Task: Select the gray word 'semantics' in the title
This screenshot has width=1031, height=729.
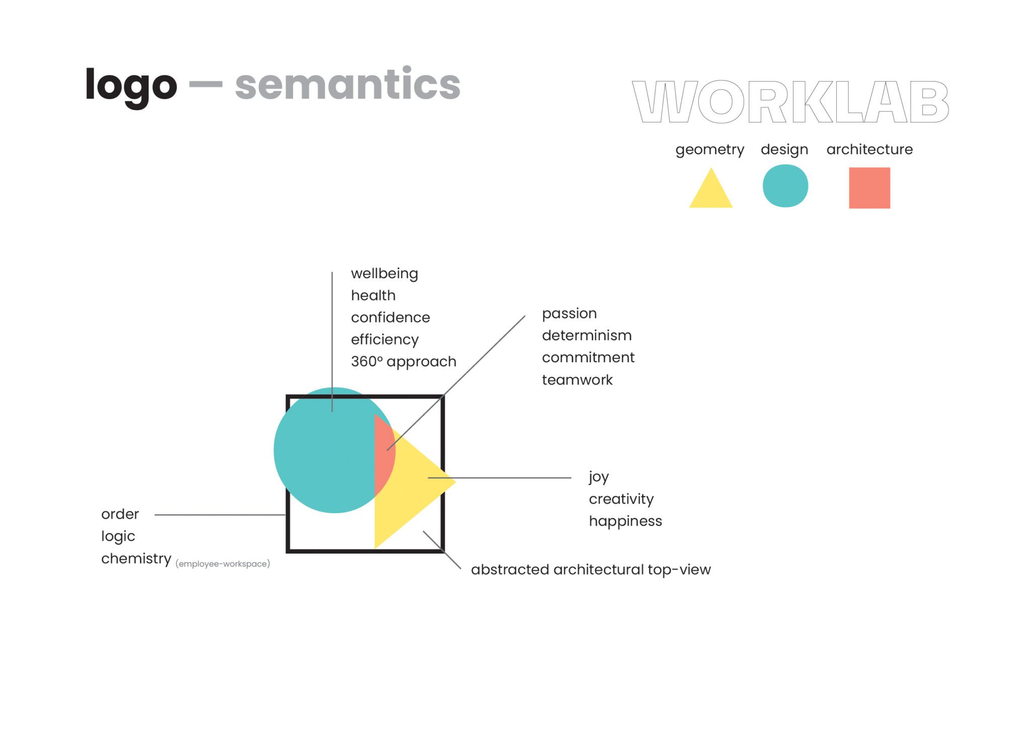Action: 347,85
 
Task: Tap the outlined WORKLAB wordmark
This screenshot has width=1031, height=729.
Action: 790,102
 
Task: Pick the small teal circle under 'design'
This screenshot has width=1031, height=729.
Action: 785,186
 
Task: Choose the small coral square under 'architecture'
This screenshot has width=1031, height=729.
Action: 869,188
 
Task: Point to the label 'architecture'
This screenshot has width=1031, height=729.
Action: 869,149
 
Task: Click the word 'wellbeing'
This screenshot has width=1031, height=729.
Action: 384,274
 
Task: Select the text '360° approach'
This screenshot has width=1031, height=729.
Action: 403,362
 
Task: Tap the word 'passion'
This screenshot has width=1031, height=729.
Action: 569,313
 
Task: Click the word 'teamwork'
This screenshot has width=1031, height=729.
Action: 577,380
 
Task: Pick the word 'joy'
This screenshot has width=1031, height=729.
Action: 599,476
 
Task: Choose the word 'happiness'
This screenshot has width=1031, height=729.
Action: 625,521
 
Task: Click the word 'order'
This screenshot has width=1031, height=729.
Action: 120,514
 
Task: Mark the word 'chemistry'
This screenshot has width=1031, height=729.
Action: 136,558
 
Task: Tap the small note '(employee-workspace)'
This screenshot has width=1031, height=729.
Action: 223,564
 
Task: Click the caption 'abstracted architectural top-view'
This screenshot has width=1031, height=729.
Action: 591,570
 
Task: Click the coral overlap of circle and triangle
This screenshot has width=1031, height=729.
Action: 384,455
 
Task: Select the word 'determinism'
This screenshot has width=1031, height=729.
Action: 586,336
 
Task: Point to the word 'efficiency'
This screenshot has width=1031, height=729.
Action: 385,340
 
